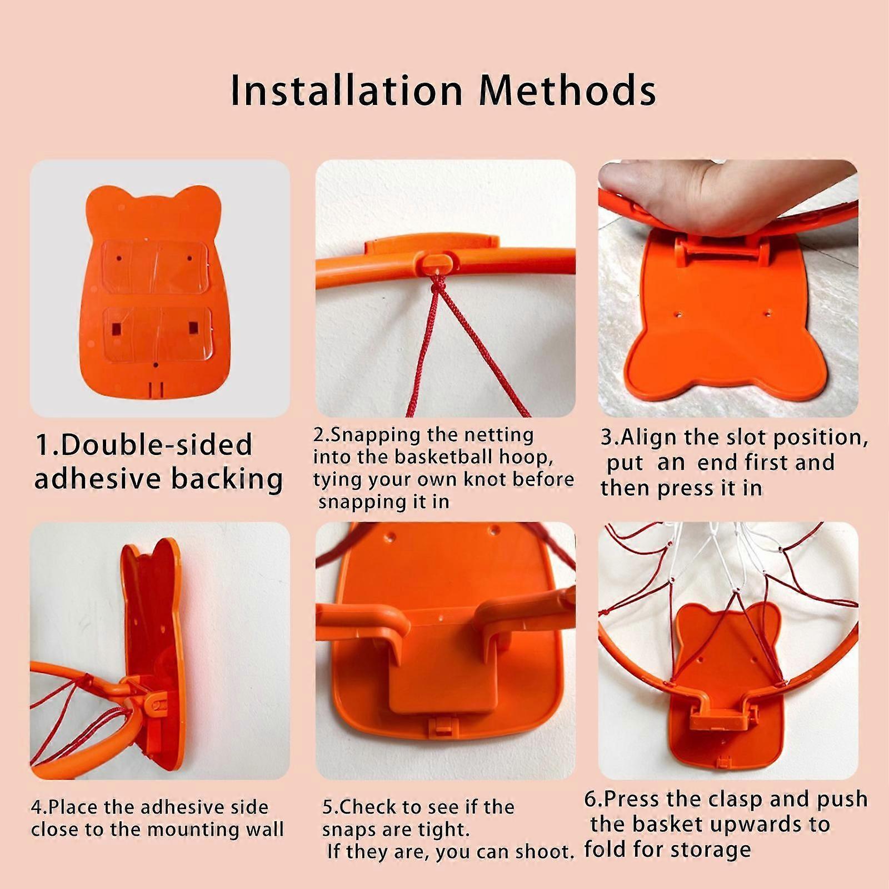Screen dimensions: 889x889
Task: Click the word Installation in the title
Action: point(346,89)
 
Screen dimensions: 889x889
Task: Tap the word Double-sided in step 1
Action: point(157,445)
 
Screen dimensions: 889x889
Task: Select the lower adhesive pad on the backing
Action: point(157,333)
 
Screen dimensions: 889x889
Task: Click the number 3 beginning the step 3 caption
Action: point(607,437)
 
